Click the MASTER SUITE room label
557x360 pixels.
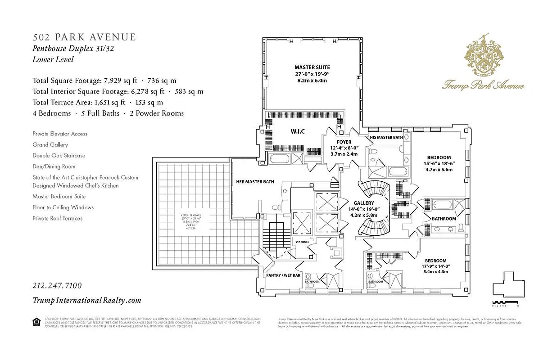[312, 67]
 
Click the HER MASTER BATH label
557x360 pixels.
[255, 182]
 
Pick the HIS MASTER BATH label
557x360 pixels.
[386, 137]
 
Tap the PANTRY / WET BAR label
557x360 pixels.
[283, 275]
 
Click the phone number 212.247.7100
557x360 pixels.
[57, 286]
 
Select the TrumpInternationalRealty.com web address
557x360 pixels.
[87, 301]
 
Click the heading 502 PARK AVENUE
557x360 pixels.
[84, 37]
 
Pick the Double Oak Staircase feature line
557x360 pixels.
[59, 156]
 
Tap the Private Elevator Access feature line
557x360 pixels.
[60, 134]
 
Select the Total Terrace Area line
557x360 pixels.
[98, 103]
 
